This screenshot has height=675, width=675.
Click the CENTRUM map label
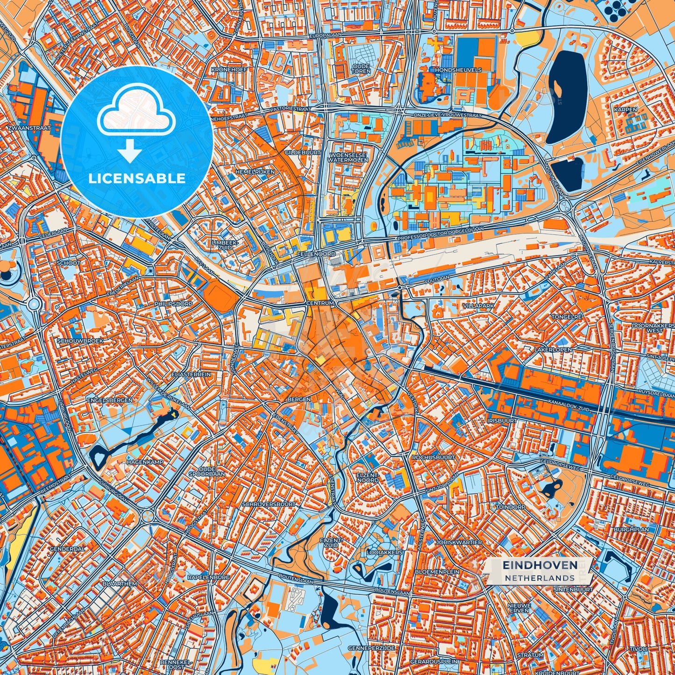click(x=320, y=303)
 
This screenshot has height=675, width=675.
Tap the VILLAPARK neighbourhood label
click(x=478, y=305)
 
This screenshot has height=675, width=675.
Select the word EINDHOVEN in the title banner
click(x=540, y=565)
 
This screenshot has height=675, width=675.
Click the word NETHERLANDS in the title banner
click(x=540, y=578)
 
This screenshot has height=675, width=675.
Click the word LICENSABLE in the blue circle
click(x=137, y=178)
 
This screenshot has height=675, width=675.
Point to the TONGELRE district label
click(x=567, y=316)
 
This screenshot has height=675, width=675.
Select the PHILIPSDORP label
click(x=173, y=304)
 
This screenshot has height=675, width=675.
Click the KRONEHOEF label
click(x=229, y=69)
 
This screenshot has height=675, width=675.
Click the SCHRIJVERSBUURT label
click(x=269, y=504)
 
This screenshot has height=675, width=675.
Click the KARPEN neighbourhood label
click(x=625, y=109)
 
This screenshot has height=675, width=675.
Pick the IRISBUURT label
click(x=502, y=420)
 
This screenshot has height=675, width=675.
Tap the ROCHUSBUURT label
click(x=433, y=457)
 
